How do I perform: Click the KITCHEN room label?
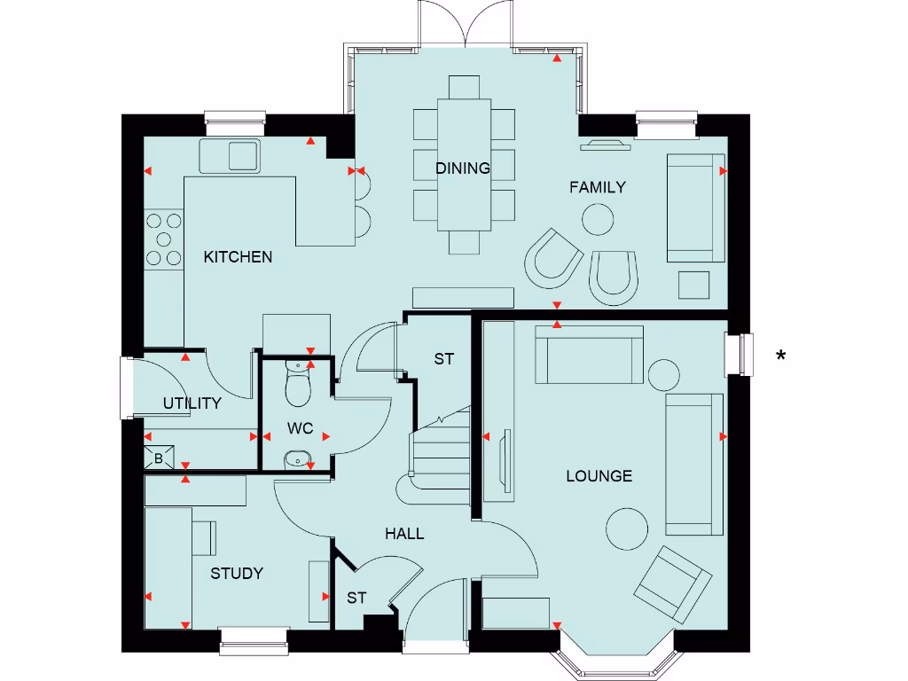238,257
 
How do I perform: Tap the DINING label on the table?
463,168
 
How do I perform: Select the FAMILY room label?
597,187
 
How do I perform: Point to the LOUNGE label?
599,476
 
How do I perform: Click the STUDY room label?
237,574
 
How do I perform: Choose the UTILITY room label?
192,403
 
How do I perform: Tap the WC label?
301,428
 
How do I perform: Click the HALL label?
404,534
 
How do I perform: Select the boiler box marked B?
159,458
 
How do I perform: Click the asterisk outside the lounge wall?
780,356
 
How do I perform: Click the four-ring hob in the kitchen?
163,239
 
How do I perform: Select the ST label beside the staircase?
443,359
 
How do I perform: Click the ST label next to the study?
356,599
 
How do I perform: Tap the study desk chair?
204,536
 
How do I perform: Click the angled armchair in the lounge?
672,584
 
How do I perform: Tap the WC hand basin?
296,459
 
